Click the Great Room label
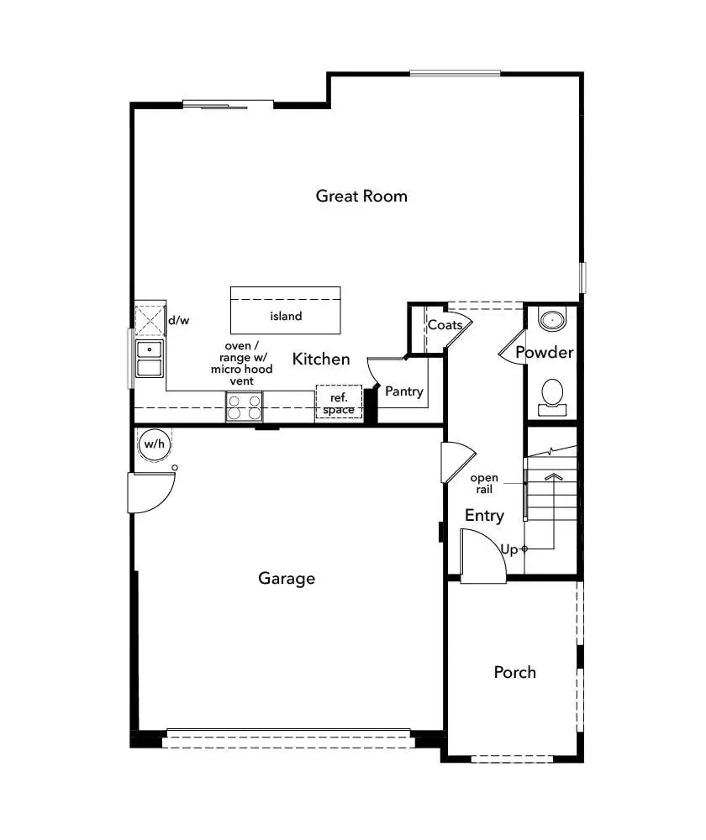[361, 196]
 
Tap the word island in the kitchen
[286, 317]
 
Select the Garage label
[287, 578]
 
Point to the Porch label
[514, 672]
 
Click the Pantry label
[403, 391]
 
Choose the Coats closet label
[445, 325]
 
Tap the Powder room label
[544, 352]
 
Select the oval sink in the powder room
[552, 319]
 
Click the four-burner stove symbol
[244, 407]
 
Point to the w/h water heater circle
[153, 444]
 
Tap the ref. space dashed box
[339, 403]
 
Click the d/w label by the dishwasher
[177, 320]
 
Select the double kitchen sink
[150, 359]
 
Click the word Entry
[484, 515]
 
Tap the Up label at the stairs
[509, 549]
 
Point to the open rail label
[484, 483]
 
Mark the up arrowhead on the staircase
[552, 476]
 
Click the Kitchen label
[321, 359]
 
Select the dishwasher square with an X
[150, 320]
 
